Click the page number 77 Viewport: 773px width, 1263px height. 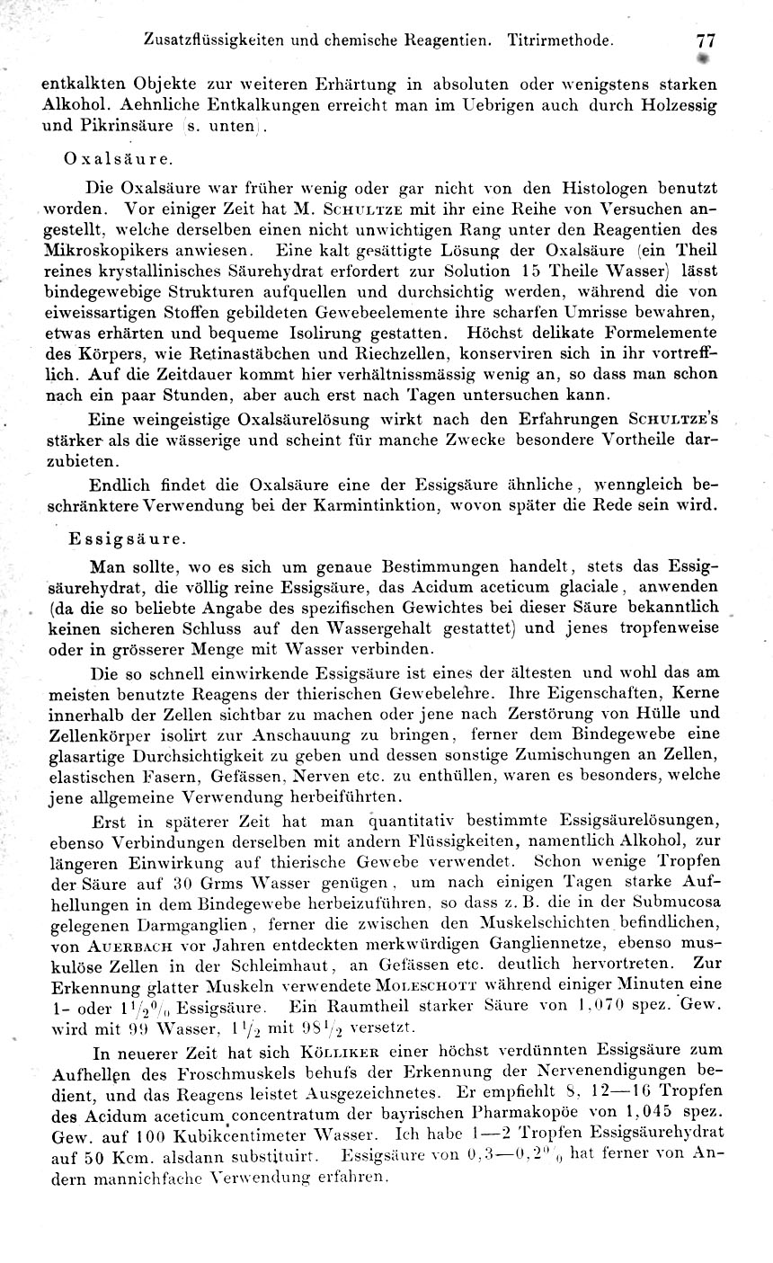(x=704, y=41)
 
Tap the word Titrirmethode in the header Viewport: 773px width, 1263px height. (x=561, y=41)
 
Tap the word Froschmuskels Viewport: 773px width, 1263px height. (x=217, y=1071)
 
